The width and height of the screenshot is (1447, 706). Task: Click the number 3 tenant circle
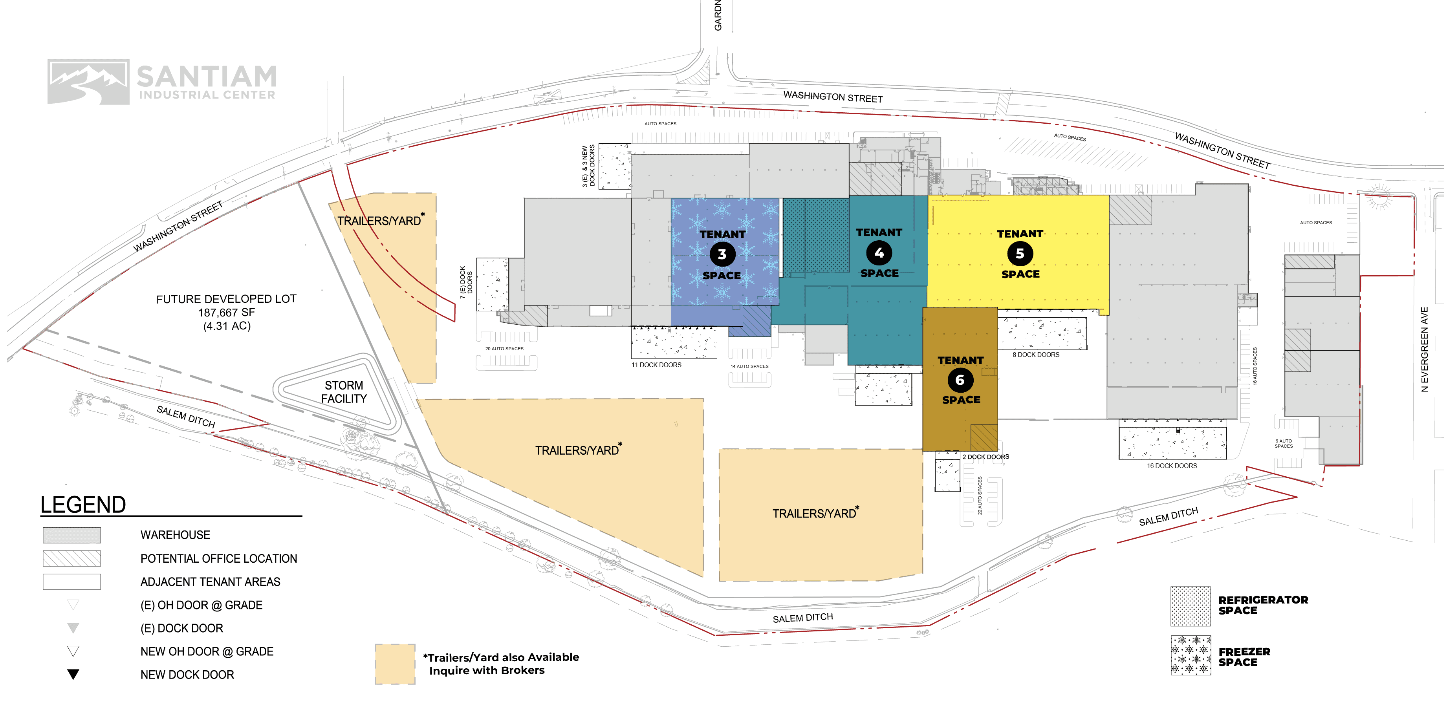pyautogui.click(x=722, y=254)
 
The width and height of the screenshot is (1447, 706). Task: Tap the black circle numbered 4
pyautogui.click(x=879, y=253)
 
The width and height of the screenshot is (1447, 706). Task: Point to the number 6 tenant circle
pyautogui.click(x=960, y=380)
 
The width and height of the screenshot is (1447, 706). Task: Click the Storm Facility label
pyautogui.click(x=344, y=392)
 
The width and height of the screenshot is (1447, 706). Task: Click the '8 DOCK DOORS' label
pyautogui.click(x=1036, y=355)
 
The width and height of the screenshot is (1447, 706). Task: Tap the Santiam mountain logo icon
pyautogui.click(x=88, y=82)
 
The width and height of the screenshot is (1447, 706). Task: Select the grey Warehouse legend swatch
pyautogui.click(x=72, y=535)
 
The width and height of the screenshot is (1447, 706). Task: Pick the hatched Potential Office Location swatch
pyautogui.click(x=72, y=558)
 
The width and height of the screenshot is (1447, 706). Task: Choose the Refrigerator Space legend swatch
pyautogui.click(x=1190, y=606)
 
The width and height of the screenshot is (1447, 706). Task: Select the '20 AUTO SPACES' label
pyautogui.click(x=504, y=349)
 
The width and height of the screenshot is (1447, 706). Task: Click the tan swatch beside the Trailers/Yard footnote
pyautogui.click(x=395, y=664)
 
